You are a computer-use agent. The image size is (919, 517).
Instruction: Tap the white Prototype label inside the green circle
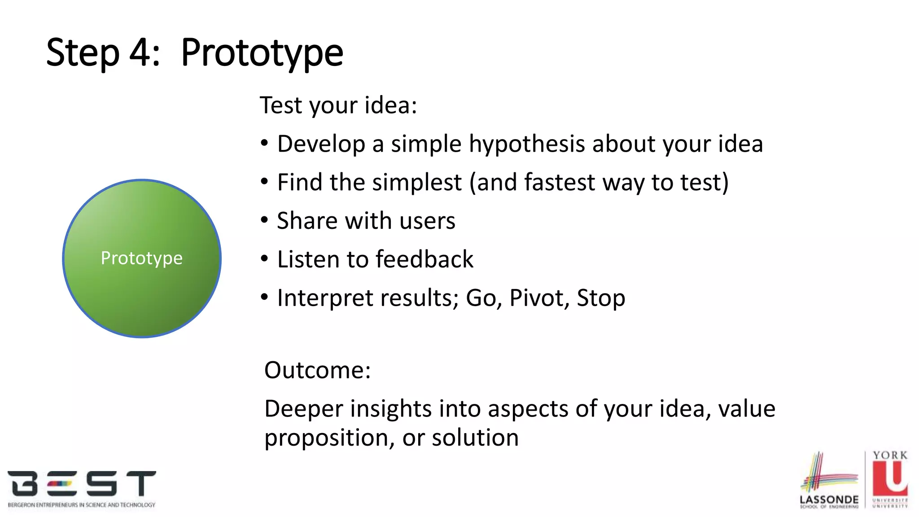pyautogui.click(x=141, y=258)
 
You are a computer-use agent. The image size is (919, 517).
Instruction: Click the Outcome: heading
pyautogui.click(x=317, y=370)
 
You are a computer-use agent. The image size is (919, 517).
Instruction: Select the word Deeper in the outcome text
pyautogui.click(x=303, y=409)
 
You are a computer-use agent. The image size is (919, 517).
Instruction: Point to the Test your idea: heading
pyautogui.click(x=338, y=105)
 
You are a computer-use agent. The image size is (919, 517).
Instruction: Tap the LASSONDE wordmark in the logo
pyautogui.click(x=829, y=499)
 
